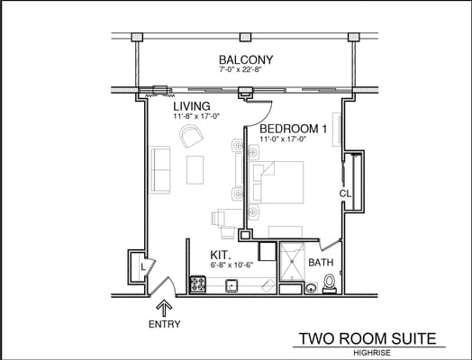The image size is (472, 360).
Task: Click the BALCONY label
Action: (245, 59)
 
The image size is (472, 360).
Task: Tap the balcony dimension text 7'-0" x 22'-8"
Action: (246, 69)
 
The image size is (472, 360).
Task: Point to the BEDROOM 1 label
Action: (295, 129)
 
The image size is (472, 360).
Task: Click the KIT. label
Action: (222, 255)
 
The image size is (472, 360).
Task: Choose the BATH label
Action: (321, 263)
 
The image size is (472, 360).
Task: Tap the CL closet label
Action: (344, 193)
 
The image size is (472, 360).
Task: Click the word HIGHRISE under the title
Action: (372, 352)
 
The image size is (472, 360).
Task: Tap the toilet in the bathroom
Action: (330, 284)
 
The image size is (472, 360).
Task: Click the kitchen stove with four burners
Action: (198, 284)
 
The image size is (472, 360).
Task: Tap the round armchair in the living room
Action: (191, 136)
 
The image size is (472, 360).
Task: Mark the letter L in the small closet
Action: (142, 266)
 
